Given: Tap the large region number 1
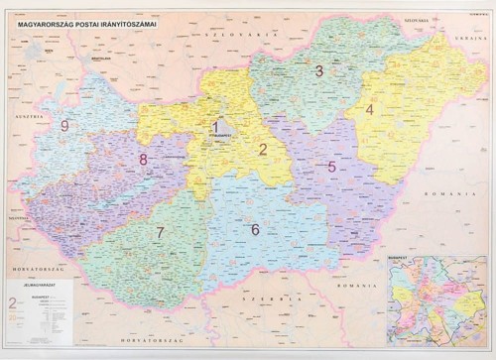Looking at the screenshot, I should pos(215,127).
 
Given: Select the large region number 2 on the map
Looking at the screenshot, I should pos(263,151).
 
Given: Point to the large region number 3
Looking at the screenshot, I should pos(318,70).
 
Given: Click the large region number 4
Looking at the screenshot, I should pos(370,110).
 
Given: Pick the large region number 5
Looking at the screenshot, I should pos(331,167).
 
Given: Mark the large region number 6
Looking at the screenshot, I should pos(255,230).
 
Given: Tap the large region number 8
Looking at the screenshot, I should pos(144,159).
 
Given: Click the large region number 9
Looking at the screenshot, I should pos(64,125).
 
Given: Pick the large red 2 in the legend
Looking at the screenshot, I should pos(12,301).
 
